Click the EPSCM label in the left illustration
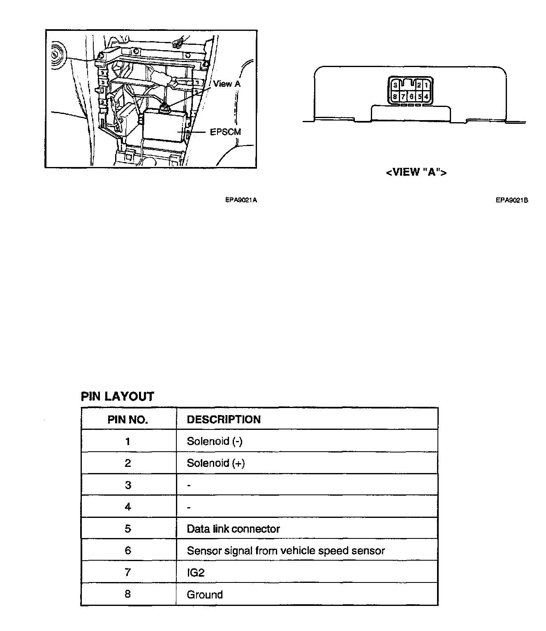tap(225, 132)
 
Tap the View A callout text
tap(227, 84)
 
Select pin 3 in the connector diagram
tap(395, 85)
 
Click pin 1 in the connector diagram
tap(426, 85)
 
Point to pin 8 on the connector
tap(395, 97)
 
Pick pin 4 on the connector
tap(426, 97)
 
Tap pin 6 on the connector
tap(411, 97)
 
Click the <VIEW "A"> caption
tap(416, 172)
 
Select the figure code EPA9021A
tap(241, 200)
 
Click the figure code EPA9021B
tap(511, 200)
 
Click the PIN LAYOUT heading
tap(117, 397)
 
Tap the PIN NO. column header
tap(128, 420)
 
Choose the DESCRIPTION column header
tap(224, 420)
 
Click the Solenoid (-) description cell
tap(215, 441)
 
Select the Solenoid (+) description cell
tap(215, 463)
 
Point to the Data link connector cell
tap(233, 529)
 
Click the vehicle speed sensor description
tap(286, 551)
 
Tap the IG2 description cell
tap(196, 573)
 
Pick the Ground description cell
tap(205, 594)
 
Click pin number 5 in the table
tap(128, 529)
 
